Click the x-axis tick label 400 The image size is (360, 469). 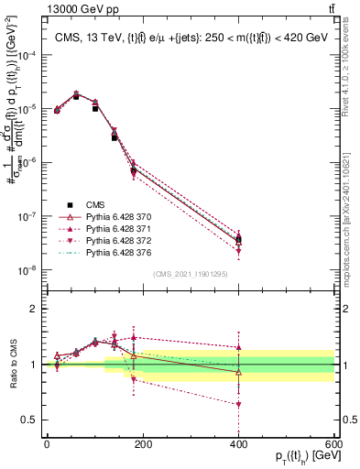tap(239, 444)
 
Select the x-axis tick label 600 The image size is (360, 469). tap(334, 444)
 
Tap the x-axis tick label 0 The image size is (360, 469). tap(47, 444)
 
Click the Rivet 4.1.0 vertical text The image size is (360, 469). tap(352, 73)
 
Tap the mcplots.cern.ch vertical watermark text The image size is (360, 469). tap(352, 211)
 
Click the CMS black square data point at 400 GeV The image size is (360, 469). tap(239, 241)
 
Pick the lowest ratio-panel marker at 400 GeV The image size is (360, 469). tap(239, 404)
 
